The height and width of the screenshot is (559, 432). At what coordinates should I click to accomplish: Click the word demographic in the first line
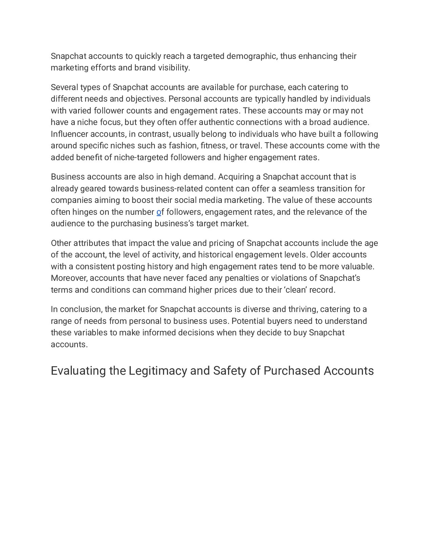(x=252, y=56)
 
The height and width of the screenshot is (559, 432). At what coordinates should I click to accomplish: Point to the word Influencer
(x=69, y=134)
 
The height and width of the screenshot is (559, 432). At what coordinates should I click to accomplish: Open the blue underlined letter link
(x=159, y=212)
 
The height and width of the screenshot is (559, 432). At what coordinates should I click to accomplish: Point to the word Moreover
(x=69, y=278)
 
